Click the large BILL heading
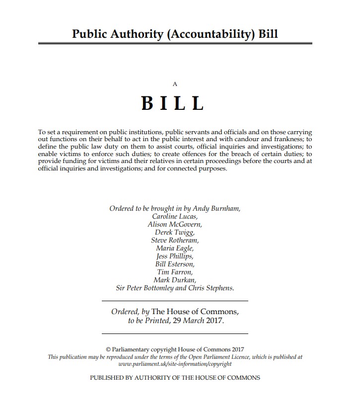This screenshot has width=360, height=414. point(173,103)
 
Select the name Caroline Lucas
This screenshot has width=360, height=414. point(175,217)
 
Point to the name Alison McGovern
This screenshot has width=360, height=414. point(175,225)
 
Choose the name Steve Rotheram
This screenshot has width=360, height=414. point(175,241)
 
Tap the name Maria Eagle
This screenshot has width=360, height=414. point(175,248)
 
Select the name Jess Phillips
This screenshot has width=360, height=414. point(175,256)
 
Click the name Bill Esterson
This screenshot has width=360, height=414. point(175,264)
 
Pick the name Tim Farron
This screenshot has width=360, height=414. point(175,272)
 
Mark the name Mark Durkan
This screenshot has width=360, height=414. point(175,280)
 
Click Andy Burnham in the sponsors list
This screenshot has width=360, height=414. point(218,209)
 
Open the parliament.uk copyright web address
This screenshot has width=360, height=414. point(175,364)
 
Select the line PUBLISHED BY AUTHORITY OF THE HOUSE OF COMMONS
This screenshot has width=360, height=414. point(175,378)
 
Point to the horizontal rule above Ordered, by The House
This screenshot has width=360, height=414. point(175,301)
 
